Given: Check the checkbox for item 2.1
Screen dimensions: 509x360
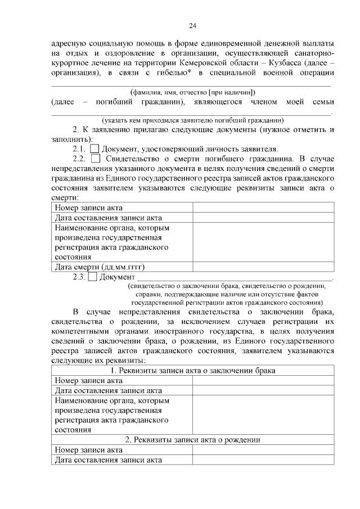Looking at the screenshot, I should (94, 149).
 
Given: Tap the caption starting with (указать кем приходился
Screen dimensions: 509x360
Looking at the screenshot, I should (192, 120).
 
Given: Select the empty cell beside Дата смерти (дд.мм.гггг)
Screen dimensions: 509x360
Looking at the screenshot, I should (262, 267).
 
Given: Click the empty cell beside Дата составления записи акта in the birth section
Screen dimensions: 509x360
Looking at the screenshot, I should (262, 460).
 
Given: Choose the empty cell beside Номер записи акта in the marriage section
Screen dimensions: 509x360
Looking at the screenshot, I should (262, 380).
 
